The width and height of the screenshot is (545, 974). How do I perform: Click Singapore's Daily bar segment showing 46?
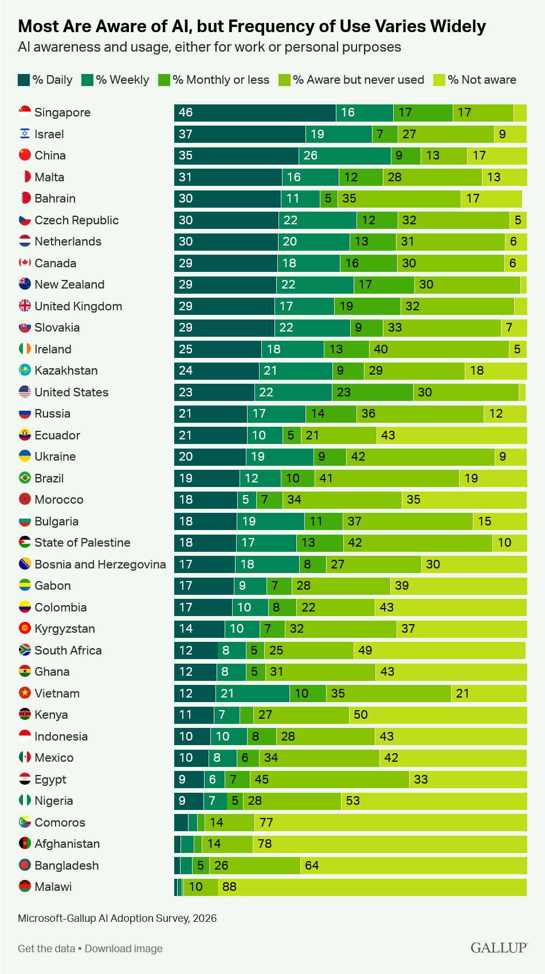coord(255,112)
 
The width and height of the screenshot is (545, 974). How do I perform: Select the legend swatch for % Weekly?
coord(87,80)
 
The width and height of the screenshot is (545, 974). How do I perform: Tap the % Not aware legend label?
coord(482,80)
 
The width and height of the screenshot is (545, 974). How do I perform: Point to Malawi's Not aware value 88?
coord(229,887)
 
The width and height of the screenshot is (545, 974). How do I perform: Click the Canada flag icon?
coord(25,263)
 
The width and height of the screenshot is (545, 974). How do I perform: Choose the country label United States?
coord(72,392)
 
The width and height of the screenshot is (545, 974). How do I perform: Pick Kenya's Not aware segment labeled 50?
coord(438,715)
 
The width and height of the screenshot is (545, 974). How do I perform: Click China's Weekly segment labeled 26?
coord(345,155)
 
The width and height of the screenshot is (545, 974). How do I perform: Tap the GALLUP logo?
coord(499,948)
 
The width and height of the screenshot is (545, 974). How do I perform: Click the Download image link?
coord(124,948)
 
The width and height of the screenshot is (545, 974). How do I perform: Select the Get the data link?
coord(46,948)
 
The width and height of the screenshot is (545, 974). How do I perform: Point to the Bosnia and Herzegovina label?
coord(100,564)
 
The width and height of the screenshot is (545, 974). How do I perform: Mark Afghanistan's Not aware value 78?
coord(264,844)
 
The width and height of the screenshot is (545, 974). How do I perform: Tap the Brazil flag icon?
coord(25,478)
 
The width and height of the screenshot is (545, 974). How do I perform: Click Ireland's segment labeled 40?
coord(439,349)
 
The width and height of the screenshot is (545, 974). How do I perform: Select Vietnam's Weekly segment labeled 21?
coord(253,693)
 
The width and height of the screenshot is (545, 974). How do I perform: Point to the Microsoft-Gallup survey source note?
coord(117,918)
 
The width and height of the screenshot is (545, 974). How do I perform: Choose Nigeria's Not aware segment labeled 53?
coord(434,801)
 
